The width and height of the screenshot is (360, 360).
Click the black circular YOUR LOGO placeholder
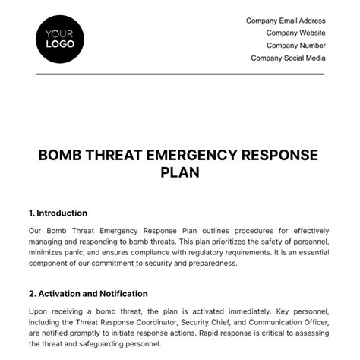click(60, 38)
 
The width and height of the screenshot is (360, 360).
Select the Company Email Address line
click(286, 21)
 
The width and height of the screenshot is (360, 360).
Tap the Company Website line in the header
click(295, 33)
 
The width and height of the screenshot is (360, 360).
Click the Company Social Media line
click(288, 58)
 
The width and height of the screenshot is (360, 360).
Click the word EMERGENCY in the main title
click(182, 156)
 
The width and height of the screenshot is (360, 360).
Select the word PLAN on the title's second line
click(180, 172)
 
